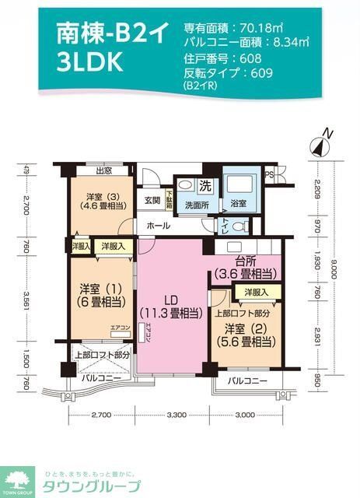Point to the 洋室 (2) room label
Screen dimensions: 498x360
[246, 335]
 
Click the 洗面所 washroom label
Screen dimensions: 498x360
[197, 205]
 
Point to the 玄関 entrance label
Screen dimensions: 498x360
[152, 201]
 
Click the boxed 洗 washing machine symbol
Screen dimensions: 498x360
[205, 187]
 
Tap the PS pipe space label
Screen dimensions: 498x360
[269, 174]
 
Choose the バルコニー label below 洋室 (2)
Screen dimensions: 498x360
[249, 381]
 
